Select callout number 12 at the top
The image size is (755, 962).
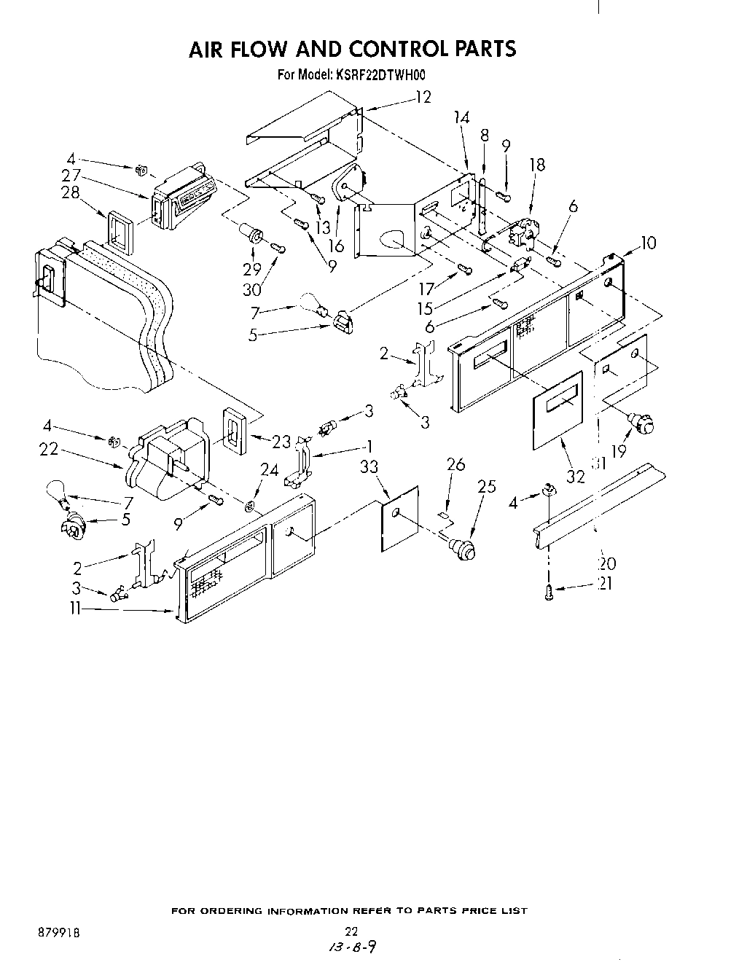pos(423,97)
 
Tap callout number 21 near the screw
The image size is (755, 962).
pos(604,583)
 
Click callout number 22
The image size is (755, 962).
pos(48,450)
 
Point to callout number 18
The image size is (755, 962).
pos(537,165)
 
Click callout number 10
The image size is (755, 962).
pos(648,243)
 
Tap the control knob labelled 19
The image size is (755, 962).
pos(641,422)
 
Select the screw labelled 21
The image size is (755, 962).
pos(549,593)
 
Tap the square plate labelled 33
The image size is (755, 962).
pos(400,520)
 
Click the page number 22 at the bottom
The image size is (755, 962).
pos(351,931)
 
